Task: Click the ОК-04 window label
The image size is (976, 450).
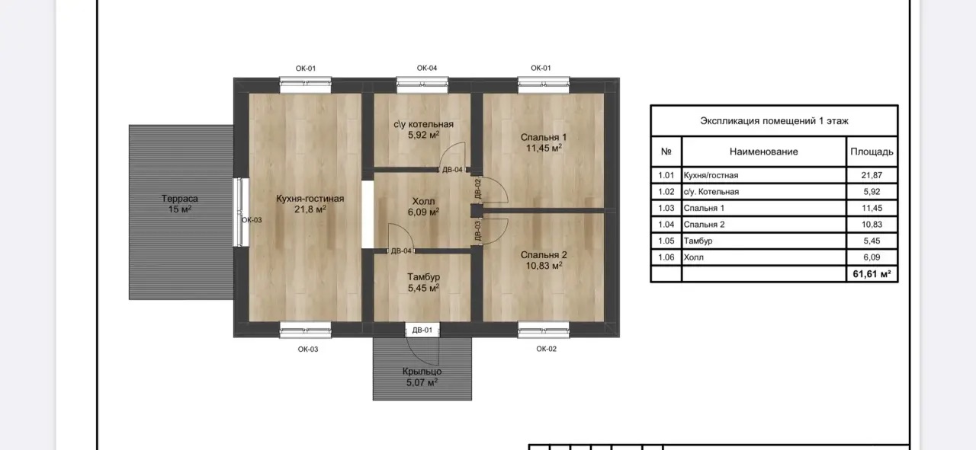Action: pos(426,68)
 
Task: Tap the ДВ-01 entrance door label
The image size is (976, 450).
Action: pos(422,330)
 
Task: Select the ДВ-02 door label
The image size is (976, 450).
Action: pos(477,188)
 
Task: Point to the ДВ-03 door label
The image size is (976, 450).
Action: pos(477,231)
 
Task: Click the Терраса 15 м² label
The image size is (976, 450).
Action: pos(179,203)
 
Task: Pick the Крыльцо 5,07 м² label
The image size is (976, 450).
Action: pos(422,377)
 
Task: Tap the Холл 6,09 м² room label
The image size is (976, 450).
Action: pos(423,206)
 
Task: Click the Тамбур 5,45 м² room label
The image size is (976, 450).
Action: pos(423,282)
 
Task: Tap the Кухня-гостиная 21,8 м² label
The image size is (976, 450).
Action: pos(310,203)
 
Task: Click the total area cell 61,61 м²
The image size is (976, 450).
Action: pos(872,274)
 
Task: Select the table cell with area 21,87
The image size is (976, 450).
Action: pos(872,175)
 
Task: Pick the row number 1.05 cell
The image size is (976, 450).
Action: pos(666,241)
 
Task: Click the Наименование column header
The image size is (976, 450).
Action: pos(764,152)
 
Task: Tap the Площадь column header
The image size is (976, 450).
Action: pos(872,152)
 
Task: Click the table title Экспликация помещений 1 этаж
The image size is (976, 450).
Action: pos(774,120)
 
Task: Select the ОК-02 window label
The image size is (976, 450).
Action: pos(547,349)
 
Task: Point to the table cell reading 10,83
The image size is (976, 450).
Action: pos(872,224)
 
